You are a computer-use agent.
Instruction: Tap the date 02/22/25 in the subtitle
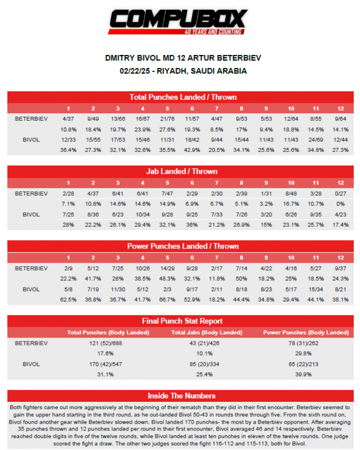(133, 71)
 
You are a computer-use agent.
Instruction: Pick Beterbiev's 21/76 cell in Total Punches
(167, 118)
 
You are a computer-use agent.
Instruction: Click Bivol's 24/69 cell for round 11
(317, 140)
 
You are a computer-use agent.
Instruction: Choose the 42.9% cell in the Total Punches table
(192, 150)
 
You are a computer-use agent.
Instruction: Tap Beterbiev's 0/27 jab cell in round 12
(341, 193)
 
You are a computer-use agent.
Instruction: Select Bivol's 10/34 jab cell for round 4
(143, 214)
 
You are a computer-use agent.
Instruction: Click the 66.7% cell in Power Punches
(167, 299)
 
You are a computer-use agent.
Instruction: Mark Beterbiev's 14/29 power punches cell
(167, 268)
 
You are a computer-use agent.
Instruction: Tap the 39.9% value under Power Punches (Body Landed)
(306, 375)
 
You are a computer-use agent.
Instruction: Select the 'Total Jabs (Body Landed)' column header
(207, 332)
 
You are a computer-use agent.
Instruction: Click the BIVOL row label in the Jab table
(31, 214)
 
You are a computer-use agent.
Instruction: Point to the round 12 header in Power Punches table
(341, 257)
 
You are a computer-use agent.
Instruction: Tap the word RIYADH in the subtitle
(173, 71)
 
